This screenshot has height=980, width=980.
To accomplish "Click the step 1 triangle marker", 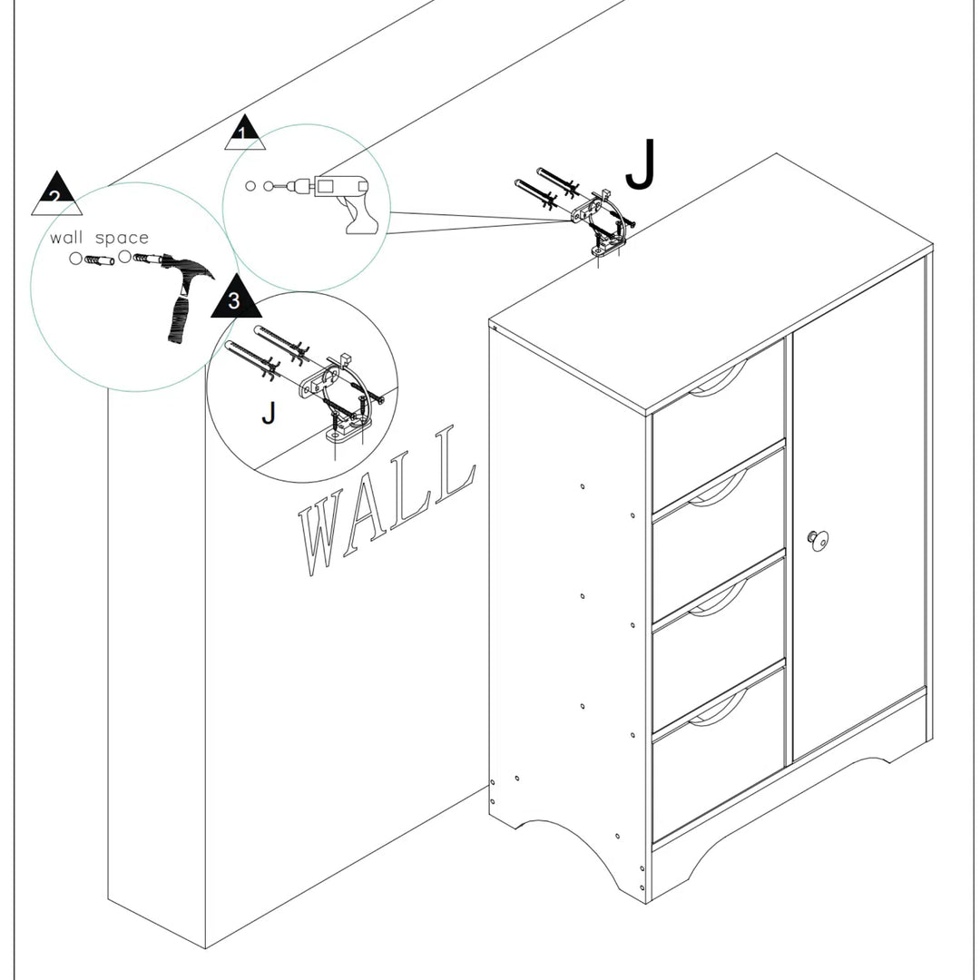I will point(244,133).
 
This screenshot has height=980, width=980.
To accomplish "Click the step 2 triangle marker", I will point(56,194).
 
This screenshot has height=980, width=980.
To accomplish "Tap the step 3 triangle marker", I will point(236,299).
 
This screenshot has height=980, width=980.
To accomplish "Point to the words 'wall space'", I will point(99,238).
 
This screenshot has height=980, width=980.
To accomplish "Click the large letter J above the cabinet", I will point(640,167).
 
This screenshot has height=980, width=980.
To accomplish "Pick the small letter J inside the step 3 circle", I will point(268,413).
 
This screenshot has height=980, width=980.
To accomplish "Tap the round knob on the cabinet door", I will point(818,539).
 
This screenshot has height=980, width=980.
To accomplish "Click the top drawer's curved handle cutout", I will point(717,380).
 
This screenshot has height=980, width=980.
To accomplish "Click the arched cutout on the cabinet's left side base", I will point(567,848).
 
